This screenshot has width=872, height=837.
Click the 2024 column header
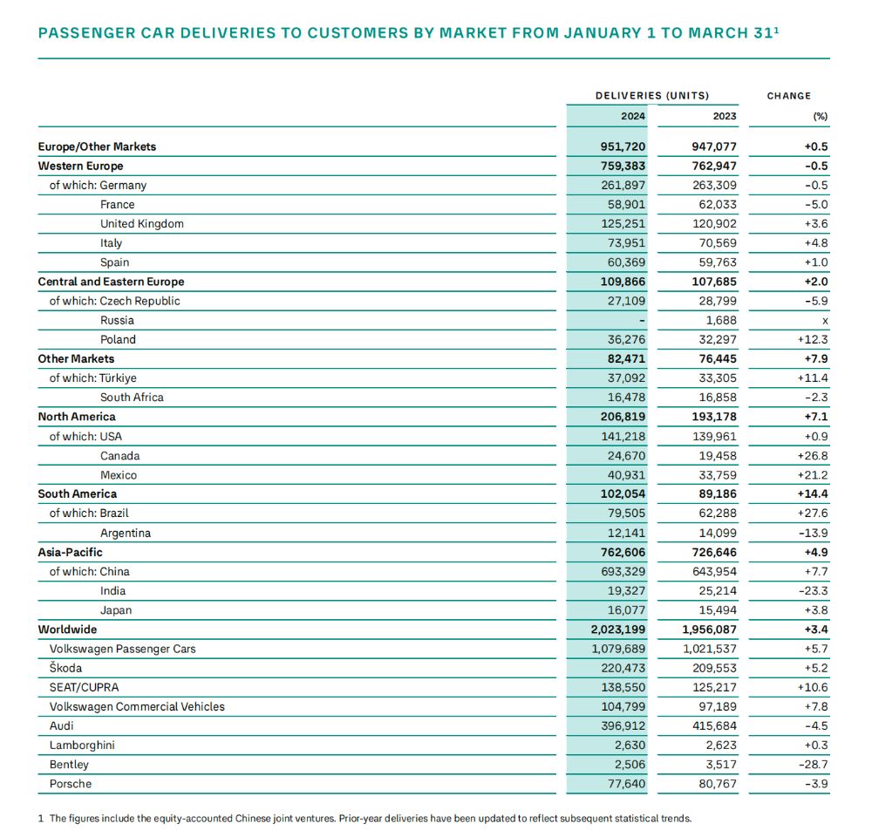pos(633,116)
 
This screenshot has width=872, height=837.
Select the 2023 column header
pos(725,116)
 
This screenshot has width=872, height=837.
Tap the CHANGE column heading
pos(788,96)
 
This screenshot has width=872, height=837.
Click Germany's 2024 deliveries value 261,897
pos(623,185)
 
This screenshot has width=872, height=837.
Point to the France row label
pos(118,205)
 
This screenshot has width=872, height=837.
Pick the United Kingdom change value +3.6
pos(816,223)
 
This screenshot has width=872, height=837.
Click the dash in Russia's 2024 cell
pos(642,321)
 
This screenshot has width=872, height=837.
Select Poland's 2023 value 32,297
pos(718,339)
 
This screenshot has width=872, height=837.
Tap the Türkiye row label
pos(118,378)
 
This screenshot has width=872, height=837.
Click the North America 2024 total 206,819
pos(623,417)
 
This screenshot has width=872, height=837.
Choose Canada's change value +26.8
pos(813,456)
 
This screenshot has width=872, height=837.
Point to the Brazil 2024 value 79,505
pos(626,514)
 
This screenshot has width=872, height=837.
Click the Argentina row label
pos(125,533)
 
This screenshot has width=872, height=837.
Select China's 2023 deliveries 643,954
pos(714,572)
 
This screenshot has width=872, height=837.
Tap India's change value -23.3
pos(813,590)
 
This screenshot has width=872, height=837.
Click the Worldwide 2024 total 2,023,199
pos(618,629)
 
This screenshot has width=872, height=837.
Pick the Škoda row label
pos(65,668)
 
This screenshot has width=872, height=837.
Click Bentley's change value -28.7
pos(813,765)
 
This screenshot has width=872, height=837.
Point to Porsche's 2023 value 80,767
pos(718,784)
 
